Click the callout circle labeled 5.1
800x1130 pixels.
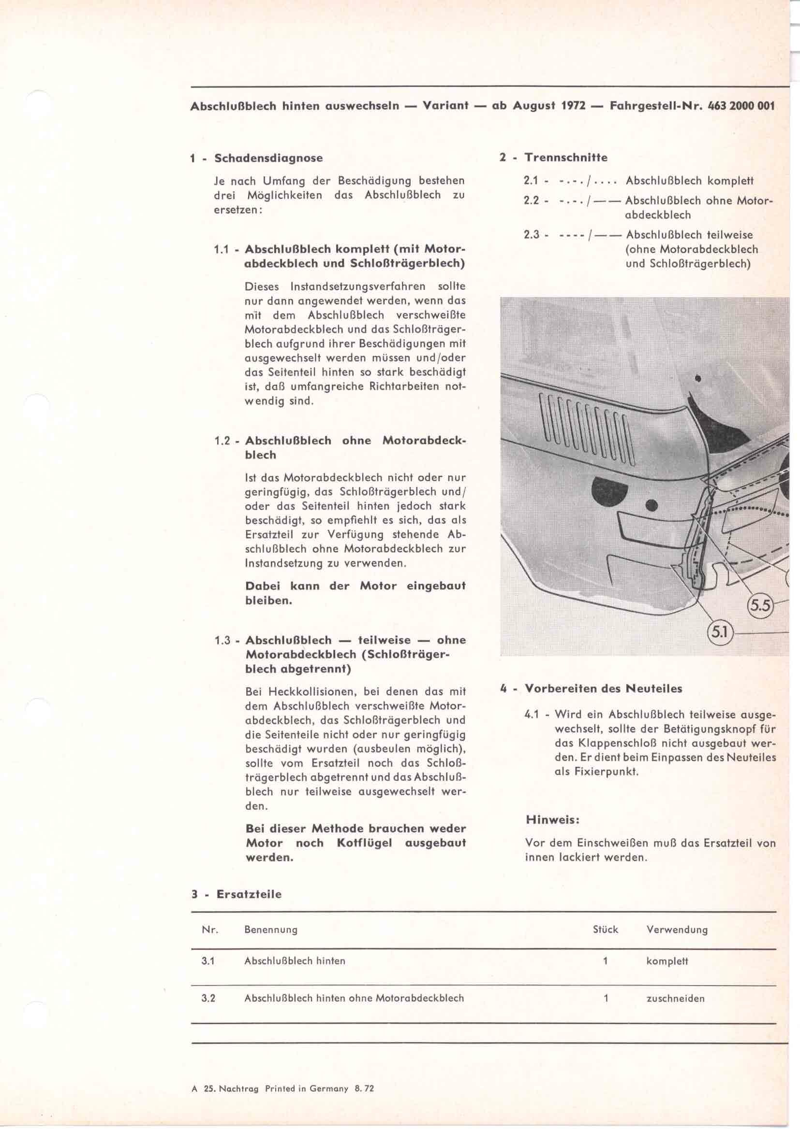coord(720,631)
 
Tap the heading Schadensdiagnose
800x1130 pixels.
coord(268,158)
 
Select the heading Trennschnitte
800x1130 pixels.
coord(566,157)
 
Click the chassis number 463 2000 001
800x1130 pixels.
coord(741,106)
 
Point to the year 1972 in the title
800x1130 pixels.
coord(574,106)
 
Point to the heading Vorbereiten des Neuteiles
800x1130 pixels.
coord(604,688)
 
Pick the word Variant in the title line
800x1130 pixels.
coord(445,106)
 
